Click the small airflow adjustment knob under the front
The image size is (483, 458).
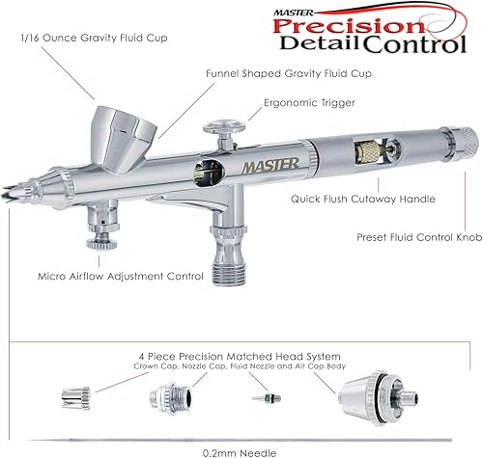pyautogui.click(x=97, y=238)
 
